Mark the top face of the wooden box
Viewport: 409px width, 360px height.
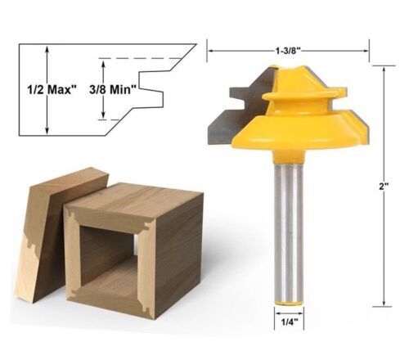coord(135,199)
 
